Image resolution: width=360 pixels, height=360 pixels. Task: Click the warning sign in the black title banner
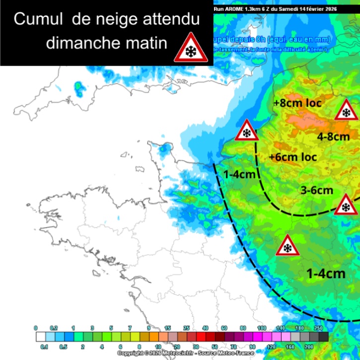190,48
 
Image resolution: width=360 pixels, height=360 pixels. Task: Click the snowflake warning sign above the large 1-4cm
287,246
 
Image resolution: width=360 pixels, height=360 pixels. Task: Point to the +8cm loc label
297,104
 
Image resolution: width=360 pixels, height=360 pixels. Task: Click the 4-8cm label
334,136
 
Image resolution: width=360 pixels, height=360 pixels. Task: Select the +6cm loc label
292,157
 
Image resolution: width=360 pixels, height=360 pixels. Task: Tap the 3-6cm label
316,190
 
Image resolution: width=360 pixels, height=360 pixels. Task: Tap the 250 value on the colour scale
318,328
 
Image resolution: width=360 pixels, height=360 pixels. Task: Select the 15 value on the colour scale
168,328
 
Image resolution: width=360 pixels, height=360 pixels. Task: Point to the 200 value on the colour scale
308,346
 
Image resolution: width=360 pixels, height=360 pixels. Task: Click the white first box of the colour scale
41,337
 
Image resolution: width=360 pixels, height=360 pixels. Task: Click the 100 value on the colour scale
261,328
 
